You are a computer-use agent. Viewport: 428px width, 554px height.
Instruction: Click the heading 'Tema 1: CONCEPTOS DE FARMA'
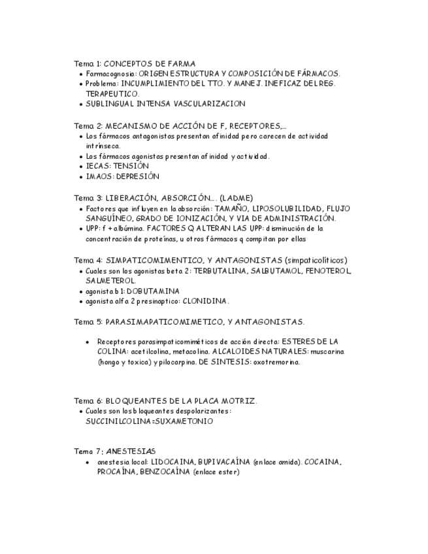(135, 63)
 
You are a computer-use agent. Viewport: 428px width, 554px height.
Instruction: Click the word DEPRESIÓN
(138, 176)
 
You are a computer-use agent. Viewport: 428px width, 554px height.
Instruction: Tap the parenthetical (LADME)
(237, 197)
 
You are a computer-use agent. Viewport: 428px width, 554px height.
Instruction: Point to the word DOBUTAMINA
(152, 291)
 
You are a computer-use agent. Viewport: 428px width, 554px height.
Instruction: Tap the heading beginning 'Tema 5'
(189, 321)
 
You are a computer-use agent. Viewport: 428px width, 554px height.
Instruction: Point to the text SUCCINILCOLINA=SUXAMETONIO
(149, 421)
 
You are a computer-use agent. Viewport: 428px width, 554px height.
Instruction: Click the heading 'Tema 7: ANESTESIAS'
(114, 451)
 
